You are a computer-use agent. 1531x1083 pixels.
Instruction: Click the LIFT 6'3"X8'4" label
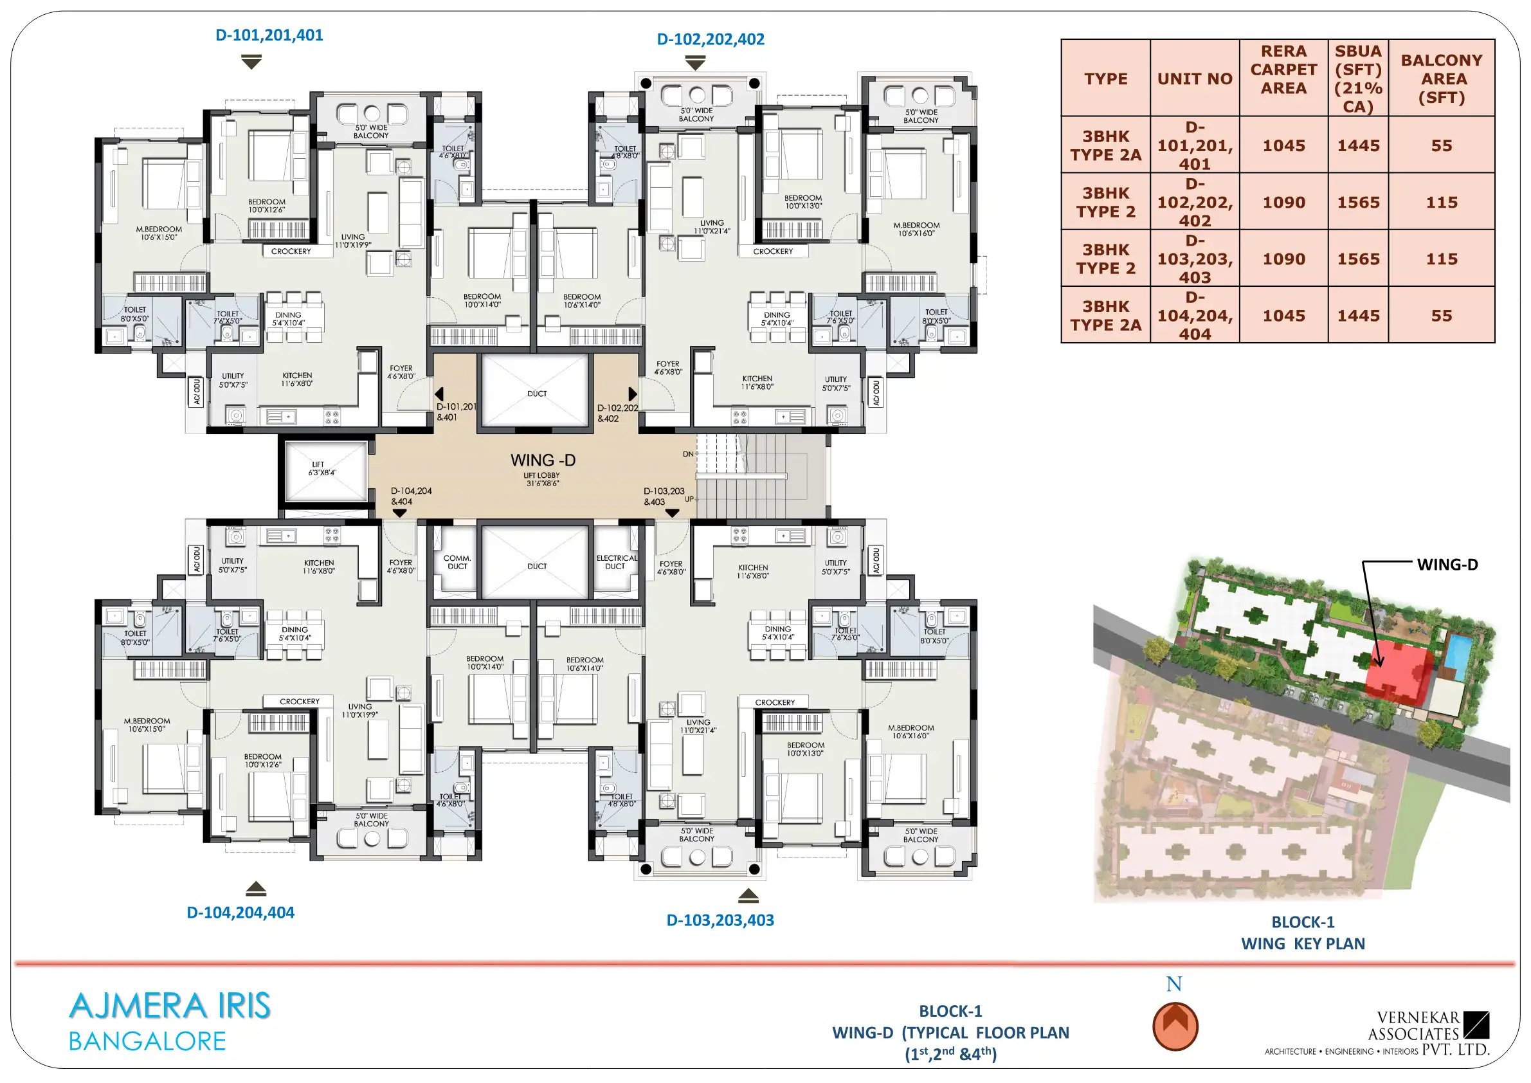click(322, 468)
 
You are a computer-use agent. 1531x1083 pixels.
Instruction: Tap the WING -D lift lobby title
click(543, 460)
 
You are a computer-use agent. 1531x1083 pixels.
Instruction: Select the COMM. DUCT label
click(457, 562)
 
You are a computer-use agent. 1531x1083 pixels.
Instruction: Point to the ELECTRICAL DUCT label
click(616, 562)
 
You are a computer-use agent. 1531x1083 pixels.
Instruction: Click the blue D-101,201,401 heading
click(269, 35)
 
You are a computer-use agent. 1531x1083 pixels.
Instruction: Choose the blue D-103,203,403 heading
click(720, 920)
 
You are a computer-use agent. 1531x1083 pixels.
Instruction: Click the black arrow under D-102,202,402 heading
click(696, 64)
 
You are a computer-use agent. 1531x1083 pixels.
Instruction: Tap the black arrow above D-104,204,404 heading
click(256, 888)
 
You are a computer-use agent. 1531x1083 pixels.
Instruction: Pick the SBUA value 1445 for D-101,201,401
click(1357, 145)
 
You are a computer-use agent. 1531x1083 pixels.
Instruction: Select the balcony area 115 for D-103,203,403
click(1441, 259)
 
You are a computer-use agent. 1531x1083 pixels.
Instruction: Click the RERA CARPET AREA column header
click(1283, 69)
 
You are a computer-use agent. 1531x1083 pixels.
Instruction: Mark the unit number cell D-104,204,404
click(1194, 315)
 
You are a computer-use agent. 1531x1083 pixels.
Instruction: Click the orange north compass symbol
click(1175, 1026)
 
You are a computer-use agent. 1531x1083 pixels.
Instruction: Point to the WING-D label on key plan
click(1447, 564)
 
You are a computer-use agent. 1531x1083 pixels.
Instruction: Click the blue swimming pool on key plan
click(1457, 656)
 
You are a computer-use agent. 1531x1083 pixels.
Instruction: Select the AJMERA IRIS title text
click(170, 1006)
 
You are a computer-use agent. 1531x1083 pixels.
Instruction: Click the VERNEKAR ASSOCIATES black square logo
click(1476, 1025)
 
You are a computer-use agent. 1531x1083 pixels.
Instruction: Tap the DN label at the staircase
click(688, 454)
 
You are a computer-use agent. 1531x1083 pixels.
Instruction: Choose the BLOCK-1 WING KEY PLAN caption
click(1302, 933)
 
